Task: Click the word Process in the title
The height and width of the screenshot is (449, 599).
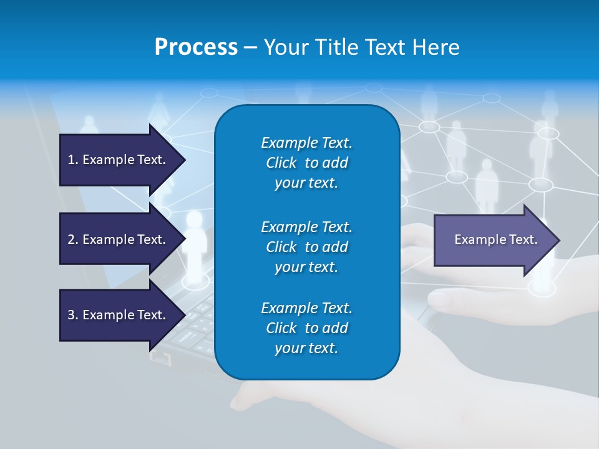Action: pos(196,47)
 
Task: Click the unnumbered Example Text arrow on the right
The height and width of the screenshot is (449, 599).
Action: pos(495,239)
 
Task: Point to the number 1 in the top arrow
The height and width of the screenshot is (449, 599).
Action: pos(71,160)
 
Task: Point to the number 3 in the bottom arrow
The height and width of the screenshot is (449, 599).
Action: pos(71,315)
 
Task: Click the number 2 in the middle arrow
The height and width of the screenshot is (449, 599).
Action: pos(71,239)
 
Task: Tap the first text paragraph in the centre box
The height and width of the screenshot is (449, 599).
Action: pos(306,163)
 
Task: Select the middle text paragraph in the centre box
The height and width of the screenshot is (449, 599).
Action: pos(306,247)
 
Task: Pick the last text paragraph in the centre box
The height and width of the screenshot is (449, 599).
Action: pos(306,328)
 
